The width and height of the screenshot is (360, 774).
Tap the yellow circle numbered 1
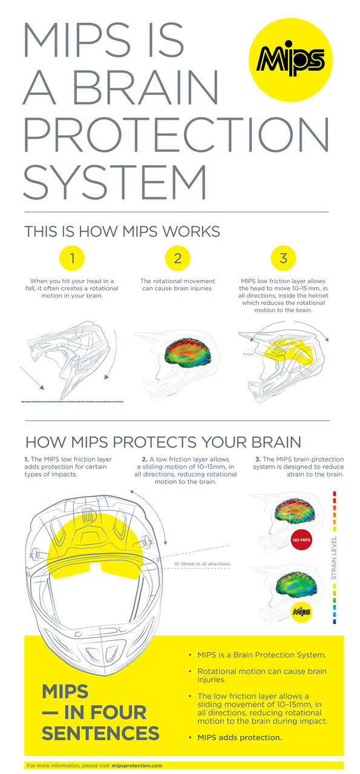(x=72, y=259)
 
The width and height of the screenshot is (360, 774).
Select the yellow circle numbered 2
(x=177, y=259)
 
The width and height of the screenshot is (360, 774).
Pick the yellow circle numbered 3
(x=283, y=259)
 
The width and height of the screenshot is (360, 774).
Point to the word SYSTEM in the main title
(x=114, y=180)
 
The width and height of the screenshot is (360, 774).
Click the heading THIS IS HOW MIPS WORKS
(x=122, y=232)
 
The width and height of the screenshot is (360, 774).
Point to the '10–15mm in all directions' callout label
(x=202, y=564)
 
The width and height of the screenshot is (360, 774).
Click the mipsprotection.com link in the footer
(x=137, y=766)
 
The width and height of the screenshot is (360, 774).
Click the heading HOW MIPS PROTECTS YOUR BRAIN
(x=163, y=441)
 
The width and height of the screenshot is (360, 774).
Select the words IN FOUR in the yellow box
(x=94, y=712)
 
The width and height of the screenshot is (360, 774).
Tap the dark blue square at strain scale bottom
(x=334, y=621)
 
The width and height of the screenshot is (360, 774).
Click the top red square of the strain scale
(x=334, y=493)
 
